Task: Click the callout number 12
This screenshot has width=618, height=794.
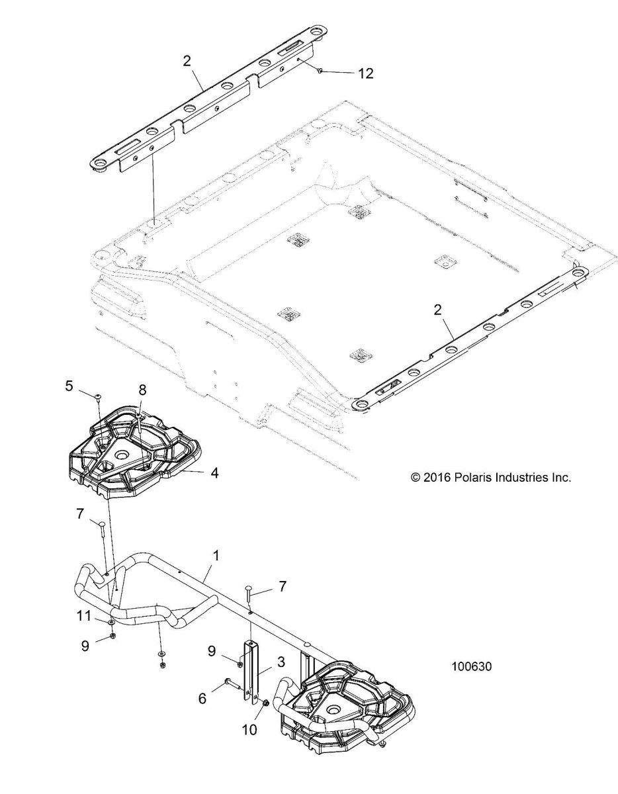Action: pos(365,73)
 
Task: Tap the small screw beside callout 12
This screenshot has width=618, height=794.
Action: pos(320,70)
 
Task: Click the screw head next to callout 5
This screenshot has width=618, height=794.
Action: pos(99,396)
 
